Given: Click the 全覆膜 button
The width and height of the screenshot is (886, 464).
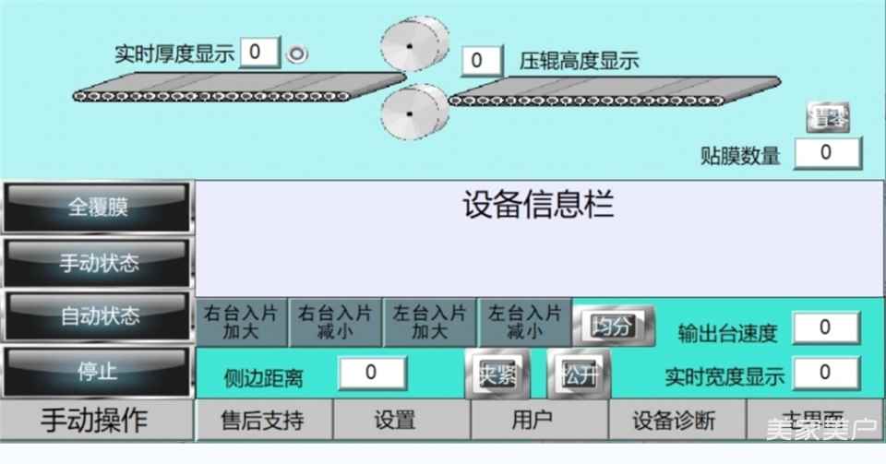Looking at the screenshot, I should tap(98, 207).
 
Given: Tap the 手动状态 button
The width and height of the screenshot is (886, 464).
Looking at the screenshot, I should tap(98, 263).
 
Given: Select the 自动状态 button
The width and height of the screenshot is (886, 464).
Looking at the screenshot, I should tap(98, 316).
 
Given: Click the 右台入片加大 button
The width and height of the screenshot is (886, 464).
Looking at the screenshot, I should tap(243, 322).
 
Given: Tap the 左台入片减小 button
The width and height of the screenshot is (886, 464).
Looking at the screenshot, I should tap(524, 322).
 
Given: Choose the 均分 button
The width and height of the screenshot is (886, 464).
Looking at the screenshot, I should tap(613, 326).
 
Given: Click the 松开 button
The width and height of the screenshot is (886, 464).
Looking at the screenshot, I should tap(578, 375).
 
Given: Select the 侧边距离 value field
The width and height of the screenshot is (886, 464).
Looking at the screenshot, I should tap(371, 373).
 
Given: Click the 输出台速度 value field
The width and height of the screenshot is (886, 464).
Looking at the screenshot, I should tap(825, 327).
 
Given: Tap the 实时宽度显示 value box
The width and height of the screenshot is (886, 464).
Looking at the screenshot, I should tap(825, 373).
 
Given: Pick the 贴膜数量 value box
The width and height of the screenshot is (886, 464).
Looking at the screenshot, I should tap(827, 152).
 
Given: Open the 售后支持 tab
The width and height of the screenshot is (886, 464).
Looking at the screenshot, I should tap(263, 422).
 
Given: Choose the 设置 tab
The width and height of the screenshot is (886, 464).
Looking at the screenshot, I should tap(395, 422).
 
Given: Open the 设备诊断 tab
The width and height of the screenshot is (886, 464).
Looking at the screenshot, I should tap(674, 422).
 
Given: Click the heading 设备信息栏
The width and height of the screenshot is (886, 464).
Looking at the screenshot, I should tap(538, 204).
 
